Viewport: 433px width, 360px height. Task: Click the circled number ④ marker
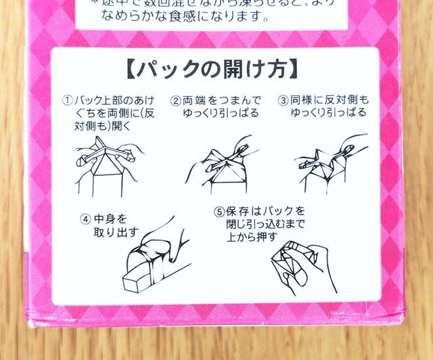click(x=86, y=219)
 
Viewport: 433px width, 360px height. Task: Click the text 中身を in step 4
click(x=111, y=219)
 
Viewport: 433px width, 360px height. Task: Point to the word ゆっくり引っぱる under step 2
click(x=216, y=113)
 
